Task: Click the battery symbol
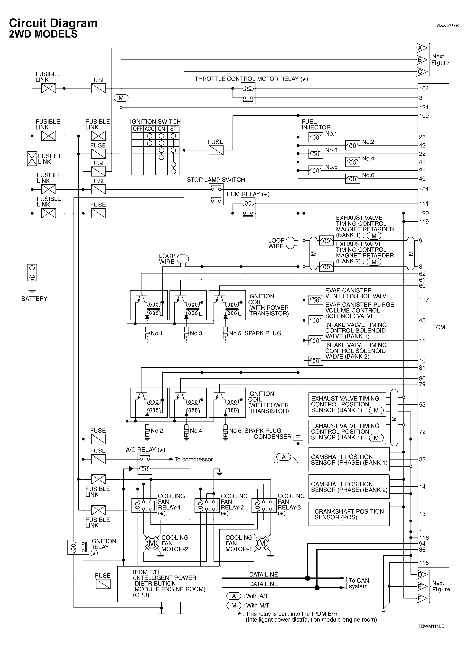(x=32, y=273)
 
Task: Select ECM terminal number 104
(x=424, y=88)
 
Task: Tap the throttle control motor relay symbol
(x=248, y=93)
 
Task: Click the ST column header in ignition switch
(x=173, y=129)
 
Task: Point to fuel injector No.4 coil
(x=353, y=162)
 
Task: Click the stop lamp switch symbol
(x=216, y=194)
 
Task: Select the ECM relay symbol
(x=248, y=208)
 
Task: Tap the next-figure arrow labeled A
(x=421, y=48)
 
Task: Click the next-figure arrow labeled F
(x=421, y=598)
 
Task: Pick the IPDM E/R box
(x=169, y=584)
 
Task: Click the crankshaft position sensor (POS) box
(x=348, y=514)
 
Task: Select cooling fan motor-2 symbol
(x=152, y=543)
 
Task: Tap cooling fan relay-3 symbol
(x=264, y=506)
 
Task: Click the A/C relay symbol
(x=145, y=464)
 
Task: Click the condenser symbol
(x=298, y=436)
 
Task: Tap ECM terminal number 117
(x=424, y=300)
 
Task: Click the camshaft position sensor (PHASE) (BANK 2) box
(x=348, y=487)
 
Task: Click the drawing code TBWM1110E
(x=431, y=626)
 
